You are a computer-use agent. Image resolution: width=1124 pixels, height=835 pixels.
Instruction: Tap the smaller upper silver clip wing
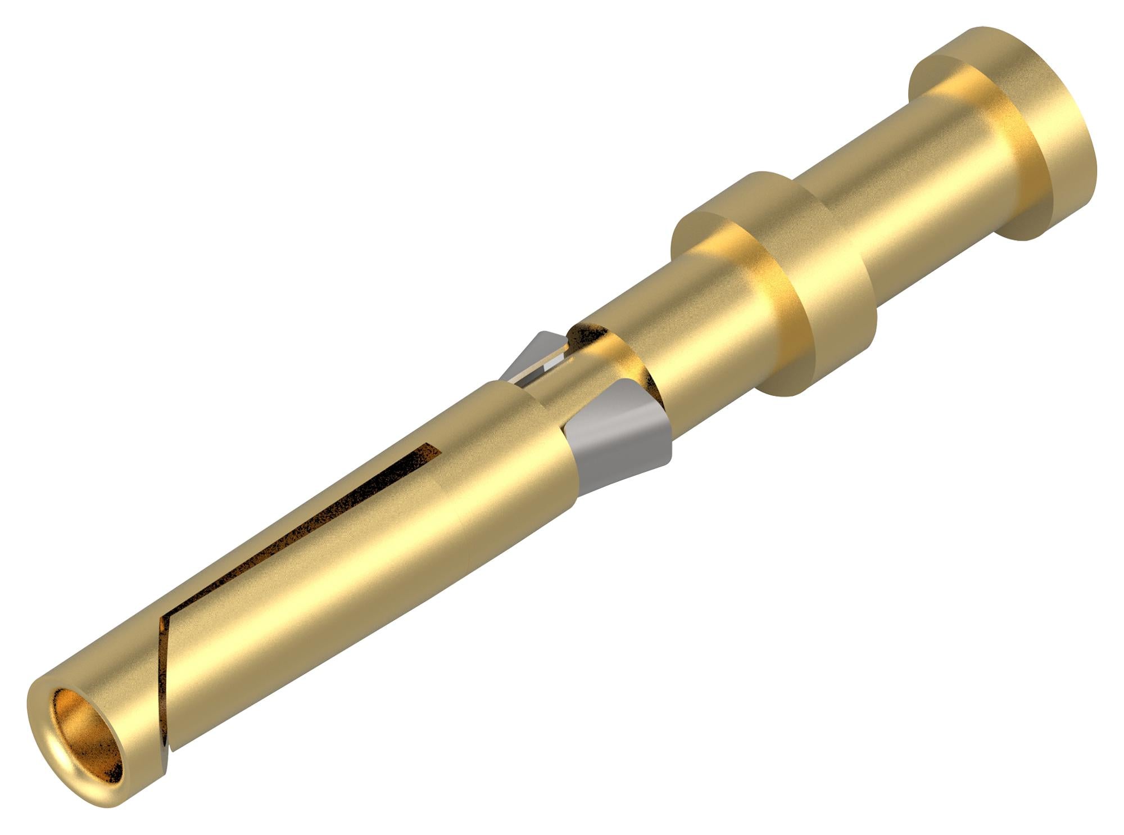(x=534, y=354)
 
